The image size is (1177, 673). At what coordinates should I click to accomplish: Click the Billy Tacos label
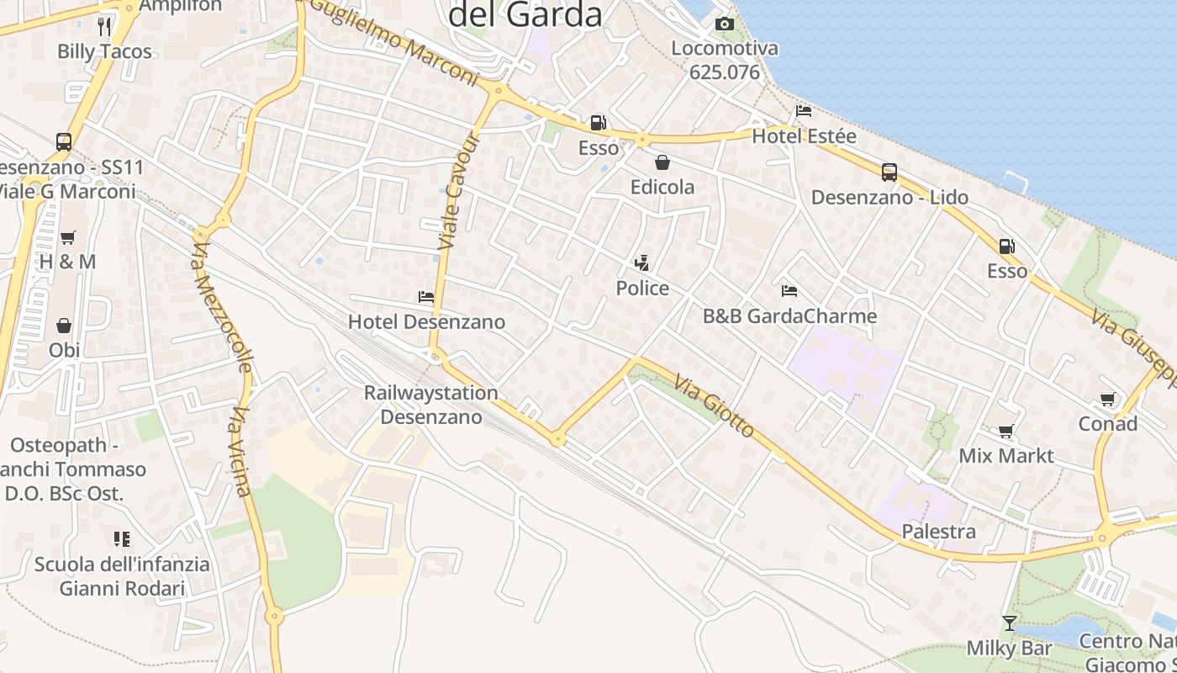tap(104, 51)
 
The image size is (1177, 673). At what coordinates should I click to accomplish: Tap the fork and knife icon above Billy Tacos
tap(104, 26)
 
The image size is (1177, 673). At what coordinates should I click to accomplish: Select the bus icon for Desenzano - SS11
tap(64, 142)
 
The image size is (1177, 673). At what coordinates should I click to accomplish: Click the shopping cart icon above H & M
tap(68, 237)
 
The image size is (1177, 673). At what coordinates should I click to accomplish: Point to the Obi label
tap(64, 350)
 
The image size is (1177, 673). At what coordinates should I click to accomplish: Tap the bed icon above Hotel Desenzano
tap(426, 297)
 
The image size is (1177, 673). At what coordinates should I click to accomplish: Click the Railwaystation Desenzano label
tap(431, 405)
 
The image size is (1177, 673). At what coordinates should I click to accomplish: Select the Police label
tap(642, 289)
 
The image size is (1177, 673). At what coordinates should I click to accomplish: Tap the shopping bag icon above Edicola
tap(662, 162)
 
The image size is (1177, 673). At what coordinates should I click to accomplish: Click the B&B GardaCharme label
tap(789, 316)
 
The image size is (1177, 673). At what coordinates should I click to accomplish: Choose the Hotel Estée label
tap(804, 136)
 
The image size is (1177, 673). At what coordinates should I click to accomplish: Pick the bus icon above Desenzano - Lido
tap(889, 172)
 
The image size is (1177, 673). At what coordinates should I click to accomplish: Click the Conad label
tap(1107, 423)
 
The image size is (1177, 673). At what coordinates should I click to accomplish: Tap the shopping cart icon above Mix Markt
tap(1005, 432)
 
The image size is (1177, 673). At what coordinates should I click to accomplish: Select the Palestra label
tap(938, 532)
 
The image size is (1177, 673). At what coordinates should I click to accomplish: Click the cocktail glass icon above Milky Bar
tap(1009, 623)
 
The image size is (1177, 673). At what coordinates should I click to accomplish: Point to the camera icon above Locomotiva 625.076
tap(724, 24)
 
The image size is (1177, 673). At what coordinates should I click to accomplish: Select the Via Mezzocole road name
tap(222, 307)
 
